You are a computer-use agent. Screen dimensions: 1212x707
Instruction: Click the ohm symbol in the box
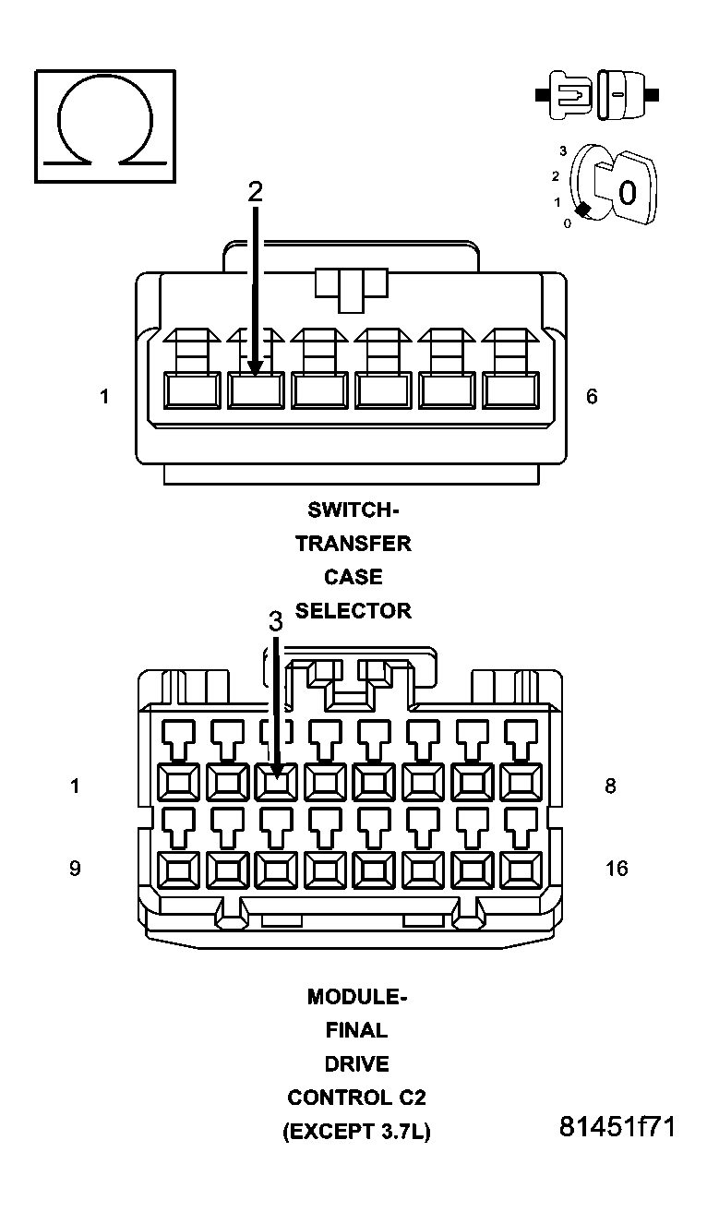pyautogui.click(x=104, y=125)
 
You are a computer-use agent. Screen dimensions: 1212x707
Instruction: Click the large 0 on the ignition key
pyautogui.click(x=628, y=193)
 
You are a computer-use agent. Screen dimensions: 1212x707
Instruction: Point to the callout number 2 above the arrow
pyautogui.click(x=255, y=191)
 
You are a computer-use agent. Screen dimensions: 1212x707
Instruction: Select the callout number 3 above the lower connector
pyautogui.click(x=275, y=621)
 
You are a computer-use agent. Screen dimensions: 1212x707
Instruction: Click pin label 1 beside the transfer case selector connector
pyautogui.click(x=105, y=396)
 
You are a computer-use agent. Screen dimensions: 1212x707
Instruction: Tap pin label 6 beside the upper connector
pyautogui.click(x=592, y=396)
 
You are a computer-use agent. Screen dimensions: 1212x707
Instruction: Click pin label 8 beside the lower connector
pyautogui.click(x=610, y=786)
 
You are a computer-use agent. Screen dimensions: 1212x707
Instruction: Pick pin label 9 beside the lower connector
pyautogui.click(x=75, y=868)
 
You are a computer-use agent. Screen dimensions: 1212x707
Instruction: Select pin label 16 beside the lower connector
pyautogui.click(x=617, y=868)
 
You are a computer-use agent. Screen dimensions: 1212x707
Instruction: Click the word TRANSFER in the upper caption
pyautogui.click(x=353, y=543)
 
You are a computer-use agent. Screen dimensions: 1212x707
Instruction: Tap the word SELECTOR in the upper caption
pyautogui.click(x=353, y=610)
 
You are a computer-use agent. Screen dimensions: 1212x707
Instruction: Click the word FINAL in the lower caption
pyautogui.click(x=356, y=1030)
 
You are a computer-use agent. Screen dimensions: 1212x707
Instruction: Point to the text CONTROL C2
pyautogui.click(x=356, y=1098)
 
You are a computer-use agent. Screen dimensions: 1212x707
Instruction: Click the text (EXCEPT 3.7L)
pyautogui.click(x=356, y=1132)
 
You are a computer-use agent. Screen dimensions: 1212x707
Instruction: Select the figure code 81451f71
pyautogui.click(x=617, y=1127)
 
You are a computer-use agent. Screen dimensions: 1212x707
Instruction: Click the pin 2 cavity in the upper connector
pyautogui.click(x=255, y=390)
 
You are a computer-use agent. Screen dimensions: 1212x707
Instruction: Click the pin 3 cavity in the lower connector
pyautogui.click(x=276, y=783)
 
